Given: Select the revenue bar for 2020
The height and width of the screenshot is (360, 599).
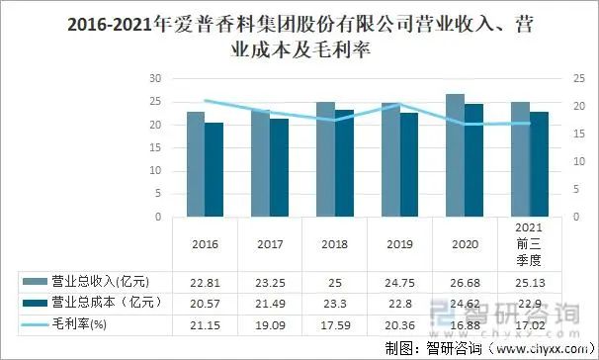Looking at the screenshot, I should (455, 155).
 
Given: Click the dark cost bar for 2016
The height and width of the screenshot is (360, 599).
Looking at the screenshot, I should (214, 169).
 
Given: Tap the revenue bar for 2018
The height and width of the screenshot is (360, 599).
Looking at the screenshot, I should (325, 159).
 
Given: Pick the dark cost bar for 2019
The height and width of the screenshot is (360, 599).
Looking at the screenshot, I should (408, 164).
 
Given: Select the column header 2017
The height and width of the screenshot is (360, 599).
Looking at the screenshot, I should (269, 244).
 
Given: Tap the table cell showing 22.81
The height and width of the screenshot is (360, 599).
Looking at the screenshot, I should (205, 282).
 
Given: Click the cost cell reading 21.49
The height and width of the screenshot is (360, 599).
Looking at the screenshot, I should (269, 302).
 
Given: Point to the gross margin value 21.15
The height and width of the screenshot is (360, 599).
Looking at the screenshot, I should (205, 323).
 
